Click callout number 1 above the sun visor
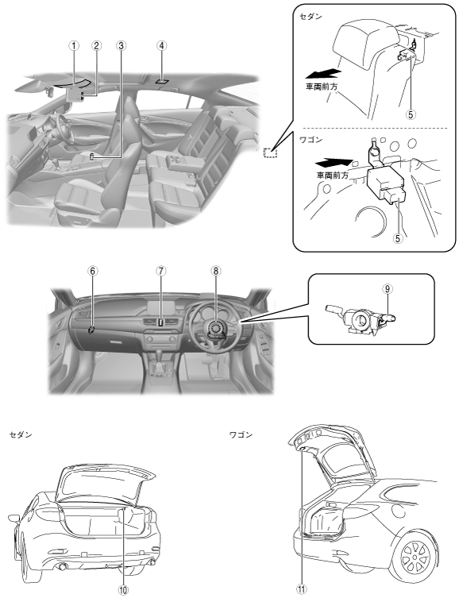[74, 45]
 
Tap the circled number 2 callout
[96, 45]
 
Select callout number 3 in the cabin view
[121, 45]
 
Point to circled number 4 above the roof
[162, 45]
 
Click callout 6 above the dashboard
[93, 270]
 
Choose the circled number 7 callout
[161, 270]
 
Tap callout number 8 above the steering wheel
[216, 270]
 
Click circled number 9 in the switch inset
[388, 289]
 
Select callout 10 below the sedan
[123, 589]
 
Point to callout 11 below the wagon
[302, 589]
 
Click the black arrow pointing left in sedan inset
[323, 73]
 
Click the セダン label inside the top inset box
[310, 17]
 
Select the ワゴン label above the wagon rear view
[241, 434]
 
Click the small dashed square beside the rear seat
[270, 152]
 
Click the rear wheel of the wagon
[415, 559]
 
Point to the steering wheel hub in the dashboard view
[216, 330]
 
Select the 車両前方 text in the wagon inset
[333, 176]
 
